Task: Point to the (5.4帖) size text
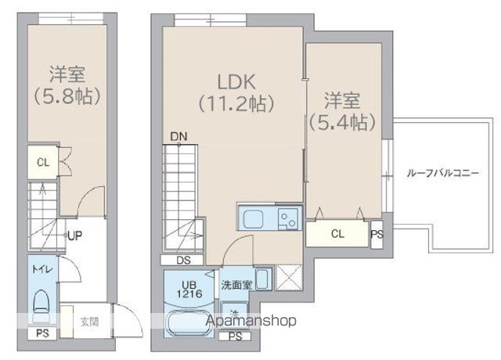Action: (x=341, y=122)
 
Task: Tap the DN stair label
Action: (x=178, y=138)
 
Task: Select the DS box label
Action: (x=182, y=260)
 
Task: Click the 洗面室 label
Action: (x=236, y=285)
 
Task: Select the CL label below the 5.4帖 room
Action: (x=337, y=233)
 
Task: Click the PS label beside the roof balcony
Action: (x=377, y=233)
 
